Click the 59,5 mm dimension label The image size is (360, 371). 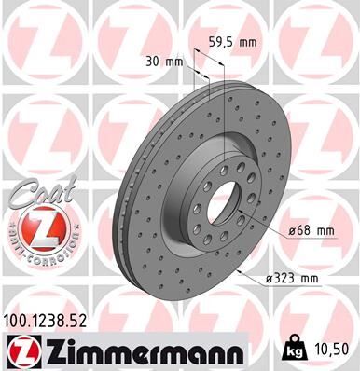click(x=232, y=41)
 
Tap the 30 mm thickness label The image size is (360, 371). click(x=166, y=62)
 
